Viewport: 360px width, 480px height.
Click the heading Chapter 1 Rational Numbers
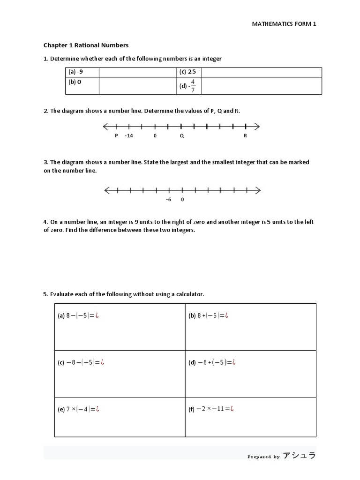click(86, 45)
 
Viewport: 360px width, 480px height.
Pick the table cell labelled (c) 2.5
click(187, 72)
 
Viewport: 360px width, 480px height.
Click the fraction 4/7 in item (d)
click(192, 86)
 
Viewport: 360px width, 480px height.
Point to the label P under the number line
click(116, 136)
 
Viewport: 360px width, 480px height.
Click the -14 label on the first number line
click(129, 136)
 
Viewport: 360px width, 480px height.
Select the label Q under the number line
click(181, 136)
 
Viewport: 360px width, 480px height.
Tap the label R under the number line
click(245, 136)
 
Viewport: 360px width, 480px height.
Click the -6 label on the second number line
click(169, 199)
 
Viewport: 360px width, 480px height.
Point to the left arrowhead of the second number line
click(106, 190)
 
